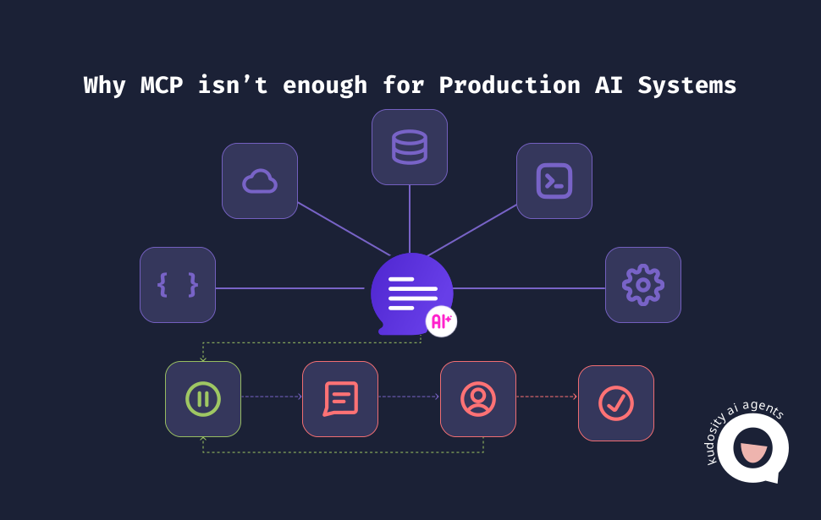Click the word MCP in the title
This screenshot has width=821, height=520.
click(x=162, y=85)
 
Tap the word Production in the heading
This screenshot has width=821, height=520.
click(x=510, y=85)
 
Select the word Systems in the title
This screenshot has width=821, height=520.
click(x=687, y=85)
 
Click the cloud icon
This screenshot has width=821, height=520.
click(x=260, y=181)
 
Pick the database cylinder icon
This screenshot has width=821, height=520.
click(x=410, y=147)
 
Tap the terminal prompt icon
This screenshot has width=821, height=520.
click(x=554, y=181)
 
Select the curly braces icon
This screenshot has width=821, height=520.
click(x=178, y=285)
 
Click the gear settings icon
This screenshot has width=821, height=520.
click(x=643, y=285)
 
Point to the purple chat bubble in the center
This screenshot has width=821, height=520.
click(x=411, y=293)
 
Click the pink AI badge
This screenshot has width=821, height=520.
click(x=441, y=321)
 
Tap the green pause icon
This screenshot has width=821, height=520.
click(x=203, y=399)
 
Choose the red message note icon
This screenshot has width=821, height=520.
click(x=340, y=399)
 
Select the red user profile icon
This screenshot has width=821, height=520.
click(x=478, y=399)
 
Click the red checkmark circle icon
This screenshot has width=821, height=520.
click(x=616, y=403)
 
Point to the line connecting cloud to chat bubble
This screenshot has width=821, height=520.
click(x=344, y=229)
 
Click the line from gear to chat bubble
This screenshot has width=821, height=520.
click(x=529, y=288)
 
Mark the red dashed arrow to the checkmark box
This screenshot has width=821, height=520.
click(x=547, y=397)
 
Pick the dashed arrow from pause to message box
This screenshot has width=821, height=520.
click(x=272, y=397)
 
